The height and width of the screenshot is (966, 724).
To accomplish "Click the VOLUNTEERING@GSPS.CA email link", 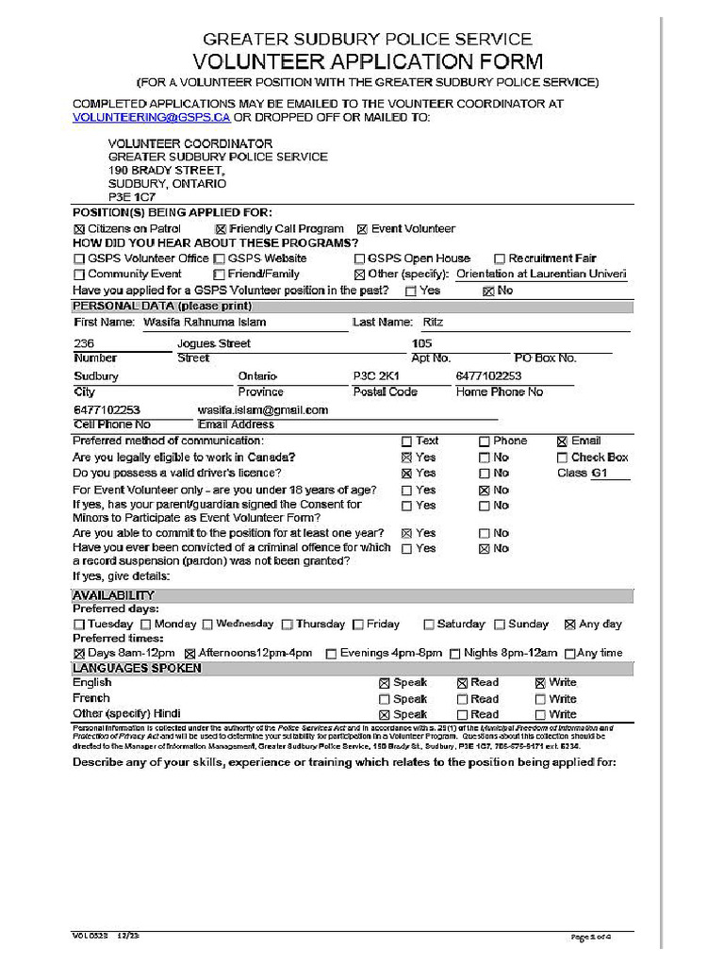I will point(151,117).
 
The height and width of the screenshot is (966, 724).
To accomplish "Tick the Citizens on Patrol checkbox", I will point(79,229).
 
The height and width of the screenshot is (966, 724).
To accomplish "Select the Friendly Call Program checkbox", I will point(221,229).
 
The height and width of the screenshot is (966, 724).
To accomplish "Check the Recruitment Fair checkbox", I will point(500,258).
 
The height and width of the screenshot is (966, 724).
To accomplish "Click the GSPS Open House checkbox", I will point(359,258).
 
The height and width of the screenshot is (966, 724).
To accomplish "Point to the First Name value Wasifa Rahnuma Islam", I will point(205,322).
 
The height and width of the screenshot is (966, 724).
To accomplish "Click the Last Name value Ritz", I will point(433,322).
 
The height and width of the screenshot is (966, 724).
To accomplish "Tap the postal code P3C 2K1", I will point(376,375).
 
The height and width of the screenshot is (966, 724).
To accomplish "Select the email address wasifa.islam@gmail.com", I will point(262,410).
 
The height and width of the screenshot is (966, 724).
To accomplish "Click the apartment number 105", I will point(421,343).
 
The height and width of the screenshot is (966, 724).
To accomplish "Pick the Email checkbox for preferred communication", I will point(563,441).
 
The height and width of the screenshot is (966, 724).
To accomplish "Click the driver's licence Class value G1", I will point(600,473).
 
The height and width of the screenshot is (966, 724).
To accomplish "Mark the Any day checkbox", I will point(569,625).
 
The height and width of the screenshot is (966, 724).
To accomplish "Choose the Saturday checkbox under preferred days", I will point(429,625).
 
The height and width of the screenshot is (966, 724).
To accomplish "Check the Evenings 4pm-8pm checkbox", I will point(331,653).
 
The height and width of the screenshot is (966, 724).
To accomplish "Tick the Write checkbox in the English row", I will point(540,683).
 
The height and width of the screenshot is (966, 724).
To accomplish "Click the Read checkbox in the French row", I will point(462,699).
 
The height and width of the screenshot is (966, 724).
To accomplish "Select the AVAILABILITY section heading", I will point(113,595).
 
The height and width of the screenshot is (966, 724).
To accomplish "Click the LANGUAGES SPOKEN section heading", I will point(137,668).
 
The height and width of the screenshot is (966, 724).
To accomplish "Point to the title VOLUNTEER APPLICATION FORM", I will point(368,62).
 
